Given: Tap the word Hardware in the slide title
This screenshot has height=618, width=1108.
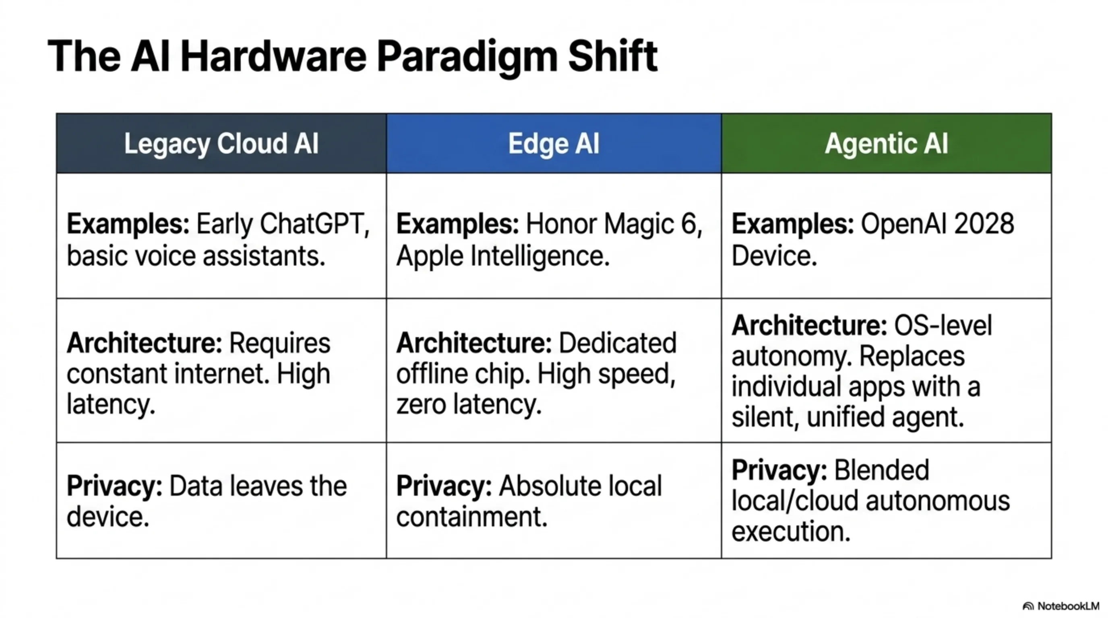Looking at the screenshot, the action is [x=273, y=56].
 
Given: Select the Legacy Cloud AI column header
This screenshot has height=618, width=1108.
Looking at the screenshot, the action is [x=221, y=144].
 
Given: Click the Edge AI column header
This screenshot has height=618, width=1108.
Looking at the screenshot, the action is [x=554, y=143].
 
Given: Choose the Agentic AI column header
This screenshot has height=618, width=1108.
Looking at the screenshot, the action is [x=886, y=144].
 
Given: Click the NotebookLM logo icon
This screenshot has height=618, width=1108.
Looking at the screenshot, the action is [x=1028, y=606].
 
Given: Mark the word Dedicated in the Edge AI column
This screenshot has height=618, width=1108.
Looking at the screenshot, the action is [x=618, y=343].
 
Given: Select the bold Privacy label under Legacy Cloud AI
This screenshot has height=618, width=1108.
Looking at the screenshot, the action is [x=114, y=487].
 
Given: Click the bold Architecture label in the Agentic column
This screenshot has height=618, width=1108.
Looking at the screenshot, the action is [x=809, y=325].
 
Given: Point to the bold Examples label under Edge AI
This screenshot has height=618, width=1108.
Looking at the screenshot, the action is [x=458, y=225].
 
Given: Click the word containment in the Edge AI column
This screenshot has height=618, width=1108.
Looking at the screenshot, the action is [x=472, y=517].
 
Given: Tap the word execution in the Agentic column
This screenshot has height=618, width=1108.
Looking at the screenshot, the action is [x=791, y=531].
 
